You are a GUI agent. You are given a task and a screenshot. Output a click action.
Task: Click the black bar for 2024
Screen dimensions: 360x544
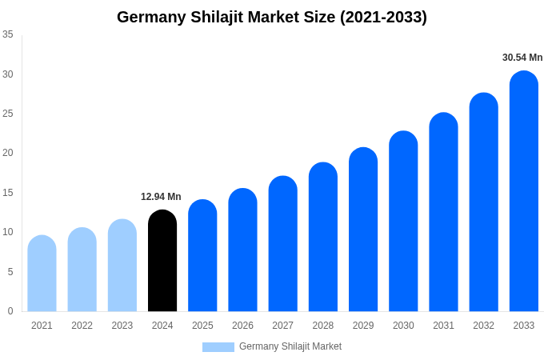[162, 261]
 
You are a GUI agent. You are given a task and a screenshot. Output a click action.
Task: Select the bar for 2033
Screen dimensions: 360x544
[524, 191]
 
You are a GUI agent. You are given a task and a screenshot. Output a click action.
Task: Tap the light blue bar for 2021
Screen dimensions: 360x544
[42, 274]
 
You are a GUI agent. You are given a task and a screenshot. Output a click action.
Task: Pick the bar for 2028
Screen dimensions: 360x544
[323, 237]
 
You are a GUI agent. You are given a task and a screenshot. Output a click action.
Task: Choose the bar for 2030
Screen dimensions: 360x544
[403, 222]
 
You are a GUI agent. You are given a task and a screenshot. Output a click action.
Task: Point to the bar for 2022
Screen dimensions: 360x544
[82, 270]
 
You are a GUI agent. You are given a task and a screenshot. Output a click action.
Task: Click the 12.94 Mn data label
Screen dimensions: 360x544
[161, 197]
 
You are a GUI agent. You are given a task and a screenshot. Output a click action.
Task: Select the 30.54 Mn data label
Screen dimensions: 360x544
[522, 58]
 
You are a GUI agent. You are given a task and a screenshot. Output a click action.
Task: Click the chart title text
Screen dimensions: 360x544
[272, 17]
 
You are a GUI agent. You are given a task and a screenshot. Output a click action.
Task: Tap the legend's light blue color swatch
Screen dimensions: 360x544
[218, 347]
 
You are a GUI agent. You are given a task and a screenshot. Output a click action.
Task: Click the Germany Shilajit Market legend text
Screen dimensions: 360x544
[290, 346]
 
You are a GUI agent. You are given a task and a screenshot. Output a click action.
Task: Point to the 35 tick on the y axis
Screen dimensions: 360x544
[8, 34]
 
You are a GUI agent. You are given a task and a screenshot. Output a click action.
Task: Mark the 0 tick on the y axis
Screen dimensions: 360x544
[10, 311]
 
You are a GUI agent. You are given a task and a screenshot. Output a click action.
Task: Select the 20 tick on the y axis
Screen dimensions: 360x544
[8, 153]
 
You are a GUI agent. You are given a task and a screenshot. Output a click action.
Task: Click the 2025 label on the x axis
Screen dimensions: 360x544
[202, 326]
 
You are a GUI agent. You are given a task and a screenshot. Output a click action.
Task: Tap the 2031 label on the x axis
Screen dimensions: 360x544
[443, 326]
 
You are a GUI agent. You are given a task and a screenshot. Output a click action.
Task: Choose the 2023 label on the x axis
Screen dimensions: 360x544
[122, 326]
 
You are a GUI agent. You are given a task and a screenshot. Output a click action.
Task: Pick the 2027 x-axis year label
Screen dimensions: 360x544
[282, 326]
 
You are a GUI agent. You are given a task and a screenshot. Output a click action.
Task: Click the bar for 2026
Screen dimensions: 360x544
[242, 250]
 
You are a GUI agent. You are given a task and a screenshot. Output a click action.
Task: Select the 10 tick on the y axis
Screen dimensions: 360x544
[8, 232]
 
